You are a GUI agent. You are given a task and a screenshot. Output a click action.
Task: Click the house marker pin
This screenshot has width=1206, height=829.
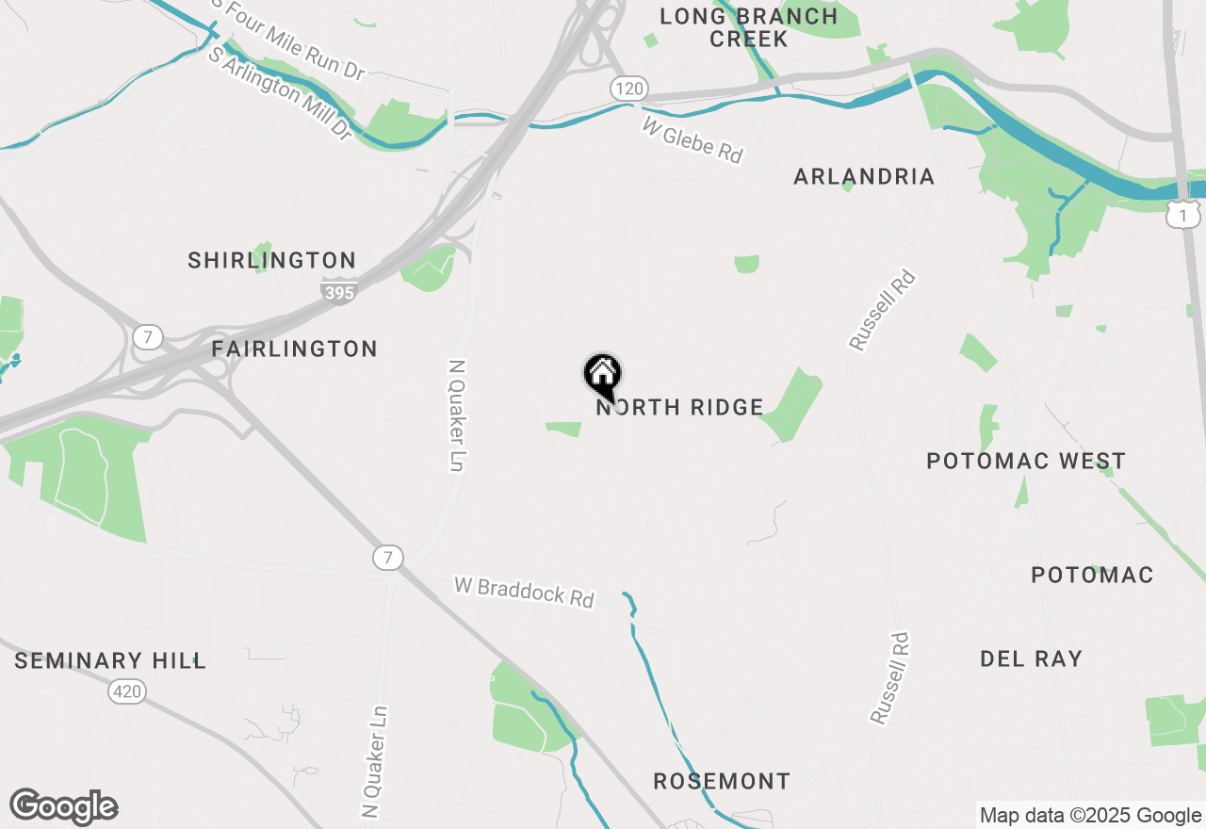603,375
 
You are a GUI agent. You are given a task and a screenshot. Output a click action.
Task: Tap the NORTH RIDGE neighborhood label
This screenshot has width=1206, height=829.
679,408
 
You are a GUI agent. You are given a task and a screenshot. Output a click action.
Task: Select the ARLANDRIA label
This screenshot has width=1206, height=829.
864,177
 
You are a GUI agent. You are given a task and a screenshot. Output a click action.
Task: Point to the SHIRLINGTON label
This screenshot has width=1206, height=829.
272,261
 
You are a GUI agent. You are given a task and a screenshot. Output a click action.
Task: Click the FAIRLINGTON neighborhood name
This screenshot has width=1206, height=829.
294,349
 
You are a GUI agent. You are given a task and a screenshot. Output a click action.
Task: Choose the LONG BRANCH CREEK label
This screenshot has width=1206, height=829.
748,27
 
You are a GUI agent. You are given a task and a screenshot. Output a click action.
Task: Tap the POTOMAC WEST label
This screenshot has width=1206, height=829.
1026,462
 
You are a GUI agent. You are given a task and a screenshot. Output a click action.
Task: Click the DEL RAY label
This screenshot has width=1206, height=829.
1031,659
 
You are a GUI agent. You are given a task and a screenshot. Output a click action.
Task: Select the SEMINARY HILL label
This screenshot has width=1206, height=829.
110,661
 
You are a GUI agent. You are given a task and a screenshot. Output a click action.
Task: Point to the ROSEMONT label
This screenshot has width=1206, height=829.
722,782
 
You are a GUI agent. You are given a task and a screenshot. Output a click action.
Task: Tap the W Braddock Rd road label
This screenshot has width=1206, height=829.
524,592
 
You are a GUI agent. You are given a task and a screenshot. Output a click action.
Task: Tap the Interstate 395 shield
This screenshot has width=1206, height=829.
338,292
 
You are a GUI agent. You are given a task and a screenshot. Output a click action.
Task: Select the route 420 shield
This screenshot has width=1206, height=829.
127,692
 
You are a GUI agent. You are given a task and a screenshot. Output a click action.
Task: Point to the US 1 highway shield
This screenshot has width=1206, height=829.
1182,215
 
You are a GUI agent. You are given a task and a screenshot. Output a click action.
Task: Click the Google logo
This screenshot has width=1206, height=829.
63,806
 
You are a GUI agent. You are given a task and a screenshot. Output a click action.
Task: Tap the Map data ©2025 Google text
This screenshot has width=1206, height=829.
1089,816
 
